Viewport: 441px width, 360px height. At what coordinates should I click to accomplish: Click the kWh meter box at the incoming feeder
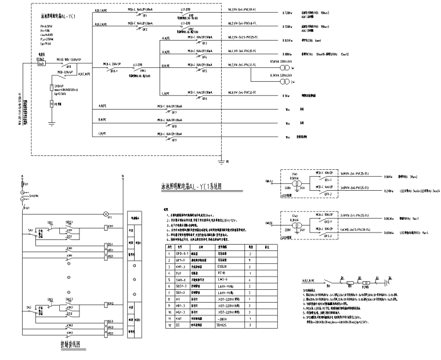[41, 63]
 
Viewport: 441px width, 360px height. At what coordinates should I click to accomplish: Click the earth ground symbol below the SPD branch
[51, 123]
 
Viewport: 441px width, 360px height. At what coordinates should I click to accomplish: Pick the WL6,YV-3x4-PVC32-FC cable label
[247, 93]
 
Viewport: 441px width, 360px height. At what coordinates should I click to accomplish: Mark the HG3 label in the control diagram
[110, 334]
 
